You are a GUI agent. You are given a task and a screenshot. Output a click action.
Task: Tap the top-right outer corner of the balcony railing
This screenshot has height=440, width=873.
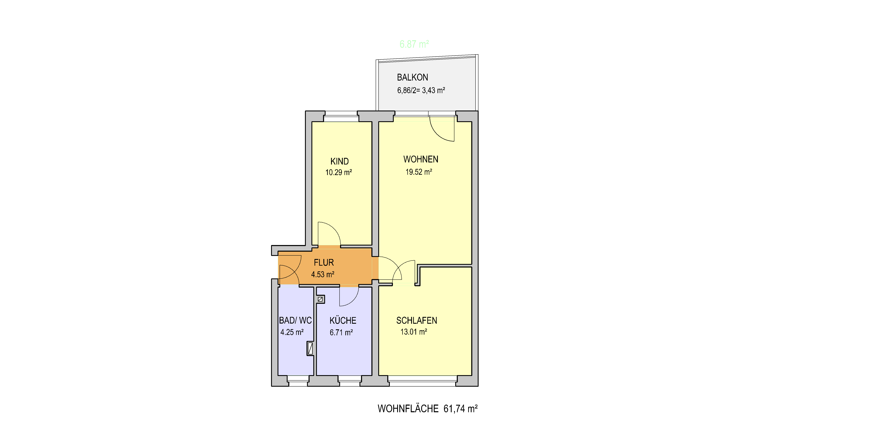(x=478, y=54)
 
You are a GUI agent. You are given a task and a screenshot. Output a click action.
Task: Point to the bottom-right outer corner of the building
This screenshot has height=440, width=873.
(x=478, y=386)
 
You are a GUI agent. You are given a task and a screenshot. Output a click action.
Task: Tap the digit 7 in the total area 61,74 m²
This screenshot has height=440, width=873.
(x=455, y=409)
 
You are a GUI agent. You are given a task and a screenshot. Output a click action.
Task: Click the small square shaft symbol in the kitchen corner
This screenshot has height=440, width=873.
(x=320, y=299)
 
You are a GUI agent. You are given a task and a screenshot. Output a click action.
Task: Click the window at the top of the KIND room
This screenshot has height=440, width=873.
(x=341, y=116)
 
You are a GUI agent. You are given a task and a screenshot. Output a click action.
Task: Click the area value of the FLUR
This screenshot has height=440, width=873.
(x=323, y=274)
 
